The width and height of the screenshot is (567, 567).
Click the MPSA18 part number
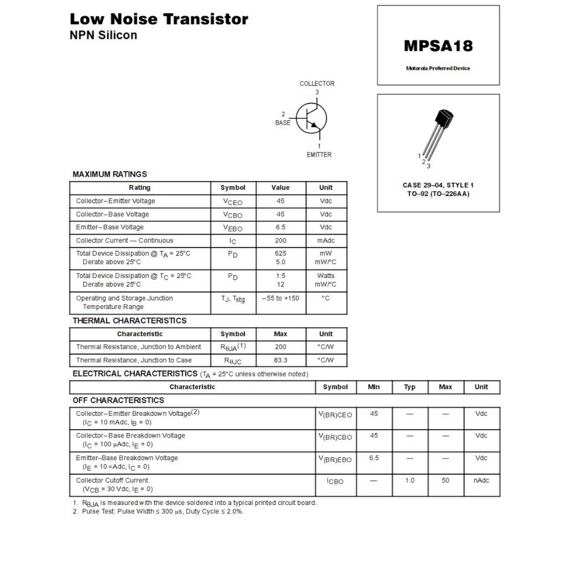tap(438, 45)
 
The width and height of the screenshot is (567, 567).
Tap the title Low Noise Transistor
tap(159, 19)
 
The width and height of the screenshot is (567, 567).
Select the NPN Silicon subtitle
tap(103, 35)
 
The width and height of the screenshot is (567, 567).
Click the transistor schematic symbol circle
tap(311, 118)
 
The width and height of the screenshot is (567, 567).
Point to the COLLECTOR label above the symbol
tap(317, 84)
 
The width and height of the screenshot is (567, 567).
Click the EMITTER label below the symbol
tap(319, 154)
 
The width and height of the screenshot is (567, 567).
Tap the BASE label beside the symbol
tap(282, 122)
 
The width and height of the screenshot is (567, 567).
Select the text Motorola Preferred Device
tap(438, 68)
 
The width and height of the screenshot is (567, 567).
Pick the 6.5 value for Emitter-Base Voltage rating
tap(280, 227)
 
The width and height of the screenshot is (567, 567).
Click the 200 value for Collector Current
tap(280, 240)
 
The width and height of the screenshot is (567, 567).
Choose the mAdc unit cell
tap(326, 240)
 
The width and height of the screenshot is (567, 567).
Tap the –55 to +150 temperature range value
tap(280, 298)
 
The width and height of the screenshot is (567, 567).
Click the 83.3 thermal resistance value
tap(280, 360)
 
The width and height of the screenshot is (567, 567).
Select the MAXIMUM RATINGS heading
tap(110, 174)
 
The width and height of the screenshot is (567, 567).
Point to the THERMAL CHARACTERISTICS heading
tap(130, 321)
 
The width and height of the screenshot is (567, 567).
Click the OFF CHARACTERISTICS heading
tap(118, 400)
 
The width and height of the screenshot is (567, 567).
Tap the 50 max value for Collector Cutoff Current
tap(445, 480)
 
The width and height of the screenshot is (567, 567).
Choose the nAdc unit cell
tap(481, 480)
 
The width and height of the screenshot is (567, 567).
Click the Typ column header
tap(410, 387)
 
